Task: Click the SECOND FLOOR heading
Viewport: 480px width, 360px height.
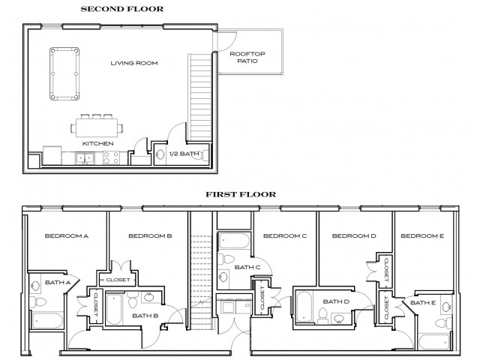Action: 122,9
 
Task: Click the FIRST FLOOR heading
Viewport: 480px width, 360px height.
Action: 241,194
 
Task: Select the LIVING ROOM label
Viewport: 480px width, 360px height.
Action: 134,63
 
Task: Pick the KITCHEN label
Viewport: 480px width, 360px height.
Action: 98,142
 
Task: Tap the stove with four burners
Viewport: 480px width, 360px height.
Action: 112,158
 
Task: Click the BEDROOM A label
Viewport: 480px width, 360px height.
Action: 67,236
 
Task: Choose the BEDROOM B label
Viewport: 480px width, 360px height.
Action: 150,236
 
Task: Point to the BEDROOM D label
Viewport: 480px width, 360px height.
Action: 353,236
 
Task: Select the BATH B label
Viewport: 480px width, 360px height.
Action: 145,316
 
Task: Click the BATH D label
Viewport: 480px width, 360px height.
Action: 331,301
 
